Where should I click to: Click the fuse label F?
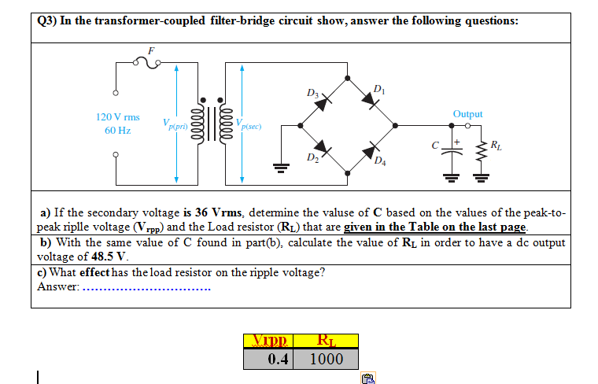click(x=153, y=50)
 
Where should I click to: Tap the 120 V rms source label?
click(x=118, y=116)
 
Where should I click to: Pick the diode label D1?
click(x=380, y=87)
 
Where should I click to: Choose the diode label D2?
click(x=313, y=162)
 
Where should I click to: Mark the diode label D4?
click(x=381, y=163)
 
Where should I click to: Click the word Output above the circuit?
click(x=467, y=114)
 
